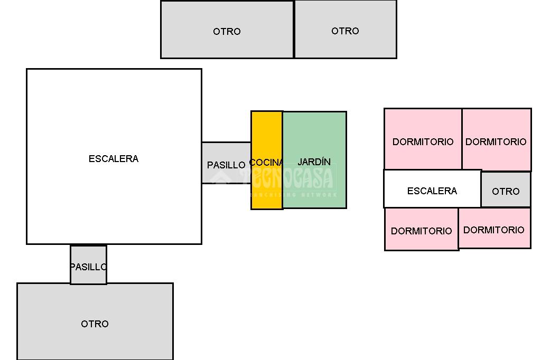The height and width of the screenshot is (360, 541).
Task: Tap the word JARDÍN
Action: coord(314,162)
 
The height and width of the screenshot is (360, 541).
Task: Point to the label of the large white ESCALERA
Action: coord(114,158)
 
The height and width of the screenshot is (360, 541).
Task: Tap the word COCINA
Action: coord(266,163)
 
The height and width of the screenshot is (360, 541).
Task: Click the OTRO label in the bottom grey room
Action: coord(95,324)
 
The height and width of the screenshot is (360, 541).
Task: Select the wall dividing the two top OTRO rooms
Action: coord(294,30)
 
